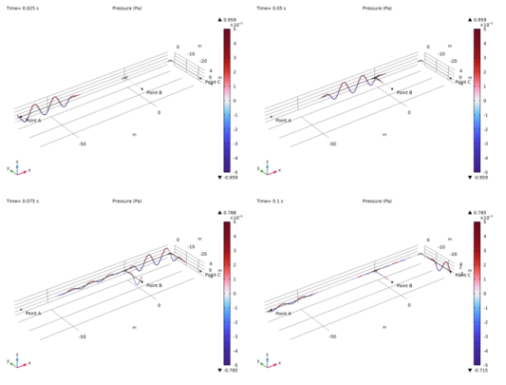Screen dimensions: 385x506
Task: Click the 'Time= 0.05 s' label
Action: (x=276, y=9)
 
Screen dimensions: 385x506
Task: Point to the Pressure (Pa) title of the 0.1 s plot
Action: (x=377, y=202)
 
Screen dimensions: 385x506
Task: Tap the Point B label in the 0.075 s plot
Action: (x=154, y=284)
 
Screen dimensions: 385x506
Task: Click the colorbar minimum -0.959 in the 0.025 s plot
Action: (x=231, y=177)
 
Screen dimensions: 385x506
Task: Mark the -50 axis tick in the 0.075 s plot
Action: (x=83, y=337)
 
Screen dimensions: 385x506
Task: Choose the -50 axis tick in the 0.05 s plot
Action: (x=332, y=144)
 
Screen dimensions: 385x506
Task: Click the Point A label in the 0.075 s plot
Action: (x=33, y=313)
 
